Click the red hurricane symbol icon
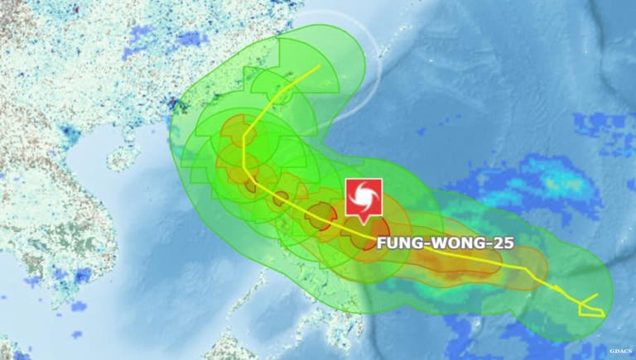364,197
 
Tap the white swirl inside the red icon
364,197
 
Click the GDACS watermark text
621,352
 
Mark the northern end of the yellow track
320,67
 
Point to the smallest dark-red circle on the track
281,197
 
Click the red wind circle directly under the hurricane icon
365,233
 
